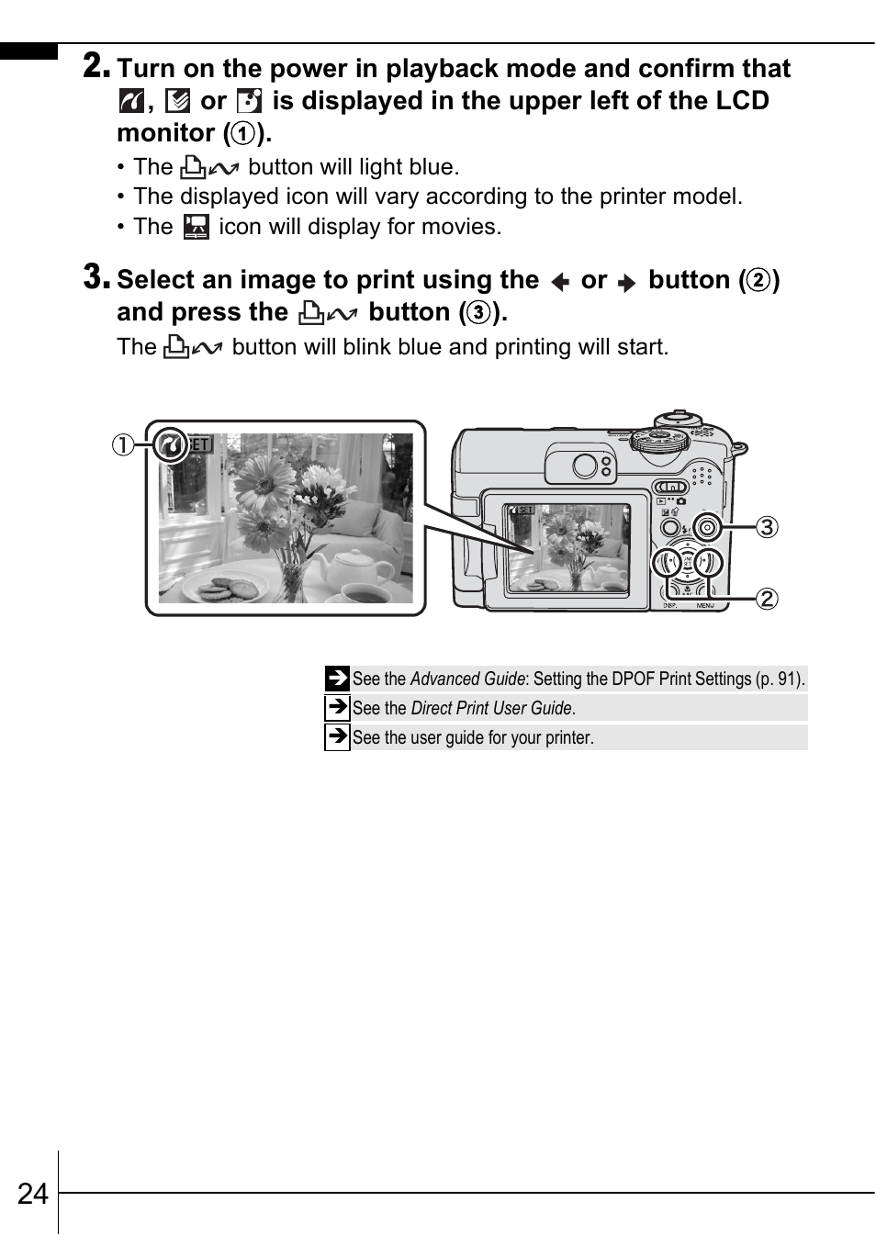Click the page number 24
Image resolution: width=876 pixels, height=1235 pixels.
point(32,1193)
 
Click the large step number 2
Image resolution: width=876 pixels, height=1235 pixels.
point(96,65)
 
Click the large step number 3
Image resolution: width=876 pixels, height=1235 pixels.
point(96,276)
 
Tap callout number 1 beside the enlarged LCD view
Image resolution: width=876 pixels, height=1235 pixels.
point(122,445)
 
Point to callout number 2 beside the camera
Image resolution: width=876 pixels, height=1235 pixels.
point(767,599)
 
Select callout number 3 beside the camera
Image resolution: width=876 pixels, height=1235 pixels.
point(767,527)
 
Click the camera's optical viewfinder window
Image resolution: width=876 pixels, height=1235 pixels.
point(584,466)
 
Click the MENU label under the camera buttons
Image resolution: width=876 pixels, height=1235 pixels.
point(705,606)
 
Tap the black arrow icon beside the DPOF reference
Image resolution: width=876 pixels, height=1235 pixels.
point(337,679)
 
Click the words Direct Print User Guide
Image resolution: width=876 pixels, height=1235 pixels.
point(492,708)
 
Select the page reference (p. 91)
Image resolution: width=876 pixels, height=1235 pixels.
point(780,679)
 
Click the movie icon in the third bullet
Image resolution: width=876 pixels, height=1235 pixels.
point(196,227)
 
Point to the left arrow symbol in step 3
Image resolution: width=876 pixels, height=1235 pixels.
point(560,282)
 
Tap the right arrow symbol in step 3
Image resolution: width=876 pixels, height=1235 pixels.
point(627,282)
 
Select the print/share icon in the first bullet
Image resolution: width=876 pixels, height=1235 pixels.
point(210,167)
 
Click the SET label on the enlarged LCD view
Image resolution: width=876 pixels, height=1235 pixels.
point(200,445)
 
